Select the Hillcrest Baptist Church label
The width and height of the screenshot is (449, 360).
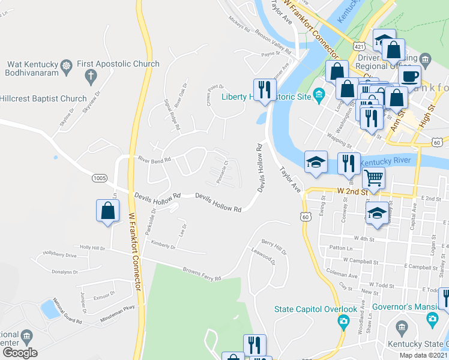[43, 99]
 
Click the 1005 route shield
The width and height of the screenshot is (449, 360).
[100, 178]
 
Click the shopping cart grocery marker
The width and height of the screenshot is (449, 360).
[373, 178]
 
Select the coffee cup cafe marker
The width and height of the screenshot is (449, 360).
[409, 76]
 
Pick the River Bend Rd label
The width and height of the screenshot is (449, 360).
[154, 160]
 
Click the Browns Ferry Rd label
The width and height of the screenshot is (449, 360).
[202, 274]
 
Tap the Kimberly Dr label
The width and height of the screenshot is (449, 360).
[163, 244]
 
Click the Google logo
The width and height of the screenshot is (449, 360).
[19, 353]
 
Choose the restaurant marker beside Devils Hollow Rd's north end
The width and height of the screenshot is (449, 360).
[262, 90]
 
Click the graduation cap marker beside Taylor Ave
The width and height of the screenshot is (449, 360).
[316, 162]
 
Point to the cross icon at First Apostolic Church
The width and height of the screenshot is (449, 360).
[91, 76]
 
